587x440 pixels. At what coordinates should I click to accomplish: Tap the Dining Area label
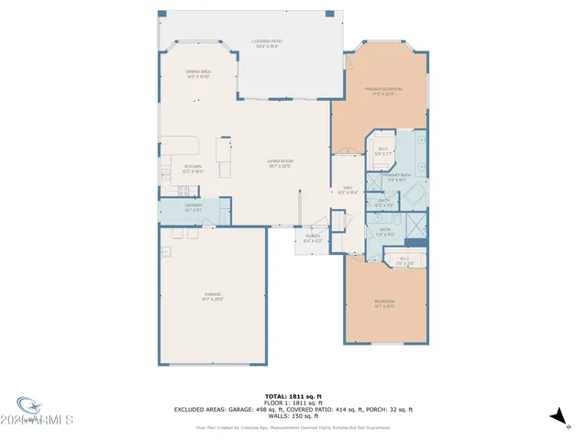point(199,74)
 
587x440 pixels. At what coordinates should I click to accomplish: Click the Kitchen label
point(194,169)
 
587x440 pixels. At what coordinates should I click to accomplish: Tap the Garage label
point(213,296)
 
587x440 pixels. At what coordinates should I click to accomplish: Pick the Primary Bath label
point(396,177)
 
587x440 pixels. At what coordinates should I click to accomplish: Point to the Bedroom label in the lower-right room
point(384,303)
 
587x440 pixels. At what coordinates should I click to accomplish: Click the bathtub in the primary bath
point(412,194)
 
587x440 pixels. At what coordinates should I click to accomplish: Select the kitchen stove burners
point(183,192)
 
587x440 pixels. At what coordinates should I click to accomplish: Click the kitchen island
point(224,150)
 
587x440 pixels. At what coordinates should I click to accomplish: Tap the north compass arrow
point(557,418)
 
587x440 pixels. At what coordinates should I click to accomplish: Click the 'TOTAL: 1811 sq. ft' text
point(294,396)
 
